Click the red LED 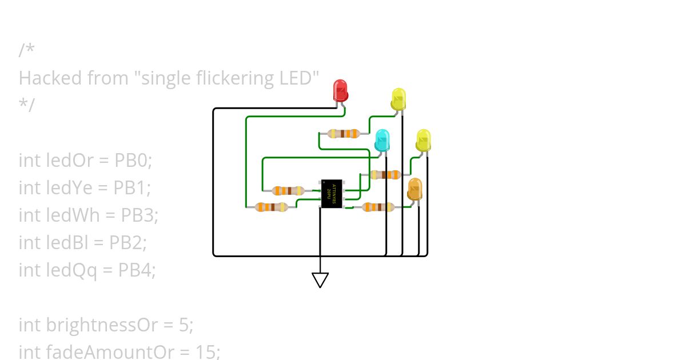[341, 90]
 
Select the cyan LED [382, 140]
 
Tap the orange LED [414, 189]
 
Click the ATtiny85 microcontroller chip [332, 193]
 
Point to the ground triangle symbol [320, 279]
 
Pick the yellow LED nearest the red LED [398, 99]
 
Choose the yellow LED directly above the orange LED [423, 140]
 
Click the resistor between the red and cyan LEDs [344, 134]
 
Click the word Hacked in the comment [50, 78]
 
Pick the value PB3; [139, 215]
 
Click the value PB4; [137, 270]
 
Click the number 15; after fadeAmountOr [208, 352]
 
